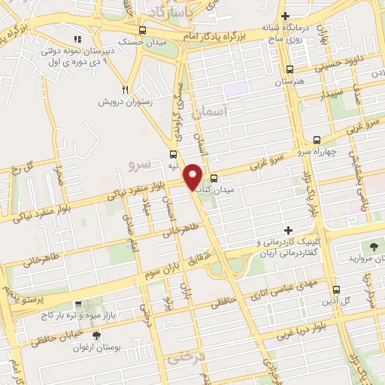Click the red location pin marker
(x=193, y=176)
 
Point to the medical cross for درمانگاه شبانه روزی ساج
(x=284, y=16)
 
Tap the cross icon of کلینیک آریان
(x=288, y=229)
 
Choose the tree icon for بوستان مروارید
(x=374, y=246)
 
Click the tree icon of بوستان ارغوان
(x=95, y=335)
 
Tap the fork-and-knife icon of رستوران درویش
(x=127, y=87)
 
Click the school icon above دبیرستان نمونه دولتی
(x=78, y=39)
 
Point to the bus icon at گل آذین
(x=336, y=289)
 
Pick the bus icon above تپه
(x=173, y=154)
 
